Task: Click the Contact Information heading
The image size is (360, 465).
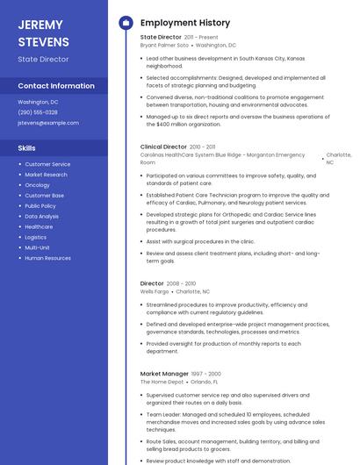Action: pyautogui.click(x=56, y=86)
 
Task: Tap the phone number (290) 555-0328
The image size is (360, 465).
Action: pyautogui.click(x=38, y=112)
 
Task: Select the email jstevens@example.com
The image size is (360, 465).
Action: pyautogui.click(x=48, y=123)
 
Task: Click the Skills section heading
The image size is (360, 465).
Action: pyautogui.click(x=27, y=148)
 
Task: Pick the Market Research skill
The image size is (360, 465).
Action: pyautogui.click(x=46, y=175)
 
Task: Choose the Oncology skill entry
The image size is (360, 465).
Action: pyautogui.click(x=37, y=185)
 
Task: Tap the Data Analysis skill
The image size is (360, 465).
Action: pyautogui.click(x=42, y=216)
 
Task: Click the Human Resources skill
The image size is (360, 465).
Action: pyautogui.click(x=48, y=258)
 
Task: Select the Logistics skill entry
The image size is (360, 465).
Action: pyautogui.click(x=36, y=237)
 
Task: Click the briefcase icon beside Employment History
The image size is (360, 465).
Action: pyautogui.click(x=125, y=22)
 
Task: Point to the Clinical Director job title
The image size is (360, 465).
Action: pyautogui.click(x=163, y=147)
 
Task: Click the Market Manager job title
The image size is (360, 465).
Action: pyautogui.click(x=163, y=374)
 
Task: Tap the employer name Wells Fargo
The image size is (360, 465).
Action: pyautogui.click(x=155, y=291)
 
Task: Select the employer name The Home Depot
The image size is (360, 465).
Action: pyautogui.click(x=162, y=382)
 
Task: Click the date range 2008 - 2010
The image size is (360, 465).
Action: pyautogui.click(x=181, y=283)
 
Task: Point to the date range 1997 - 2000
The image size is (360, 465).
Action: pyautogui.click(x=204, y=374)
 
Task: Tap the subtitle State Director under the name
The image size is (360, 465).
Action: pyautogui.click(x=42, y=59)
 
